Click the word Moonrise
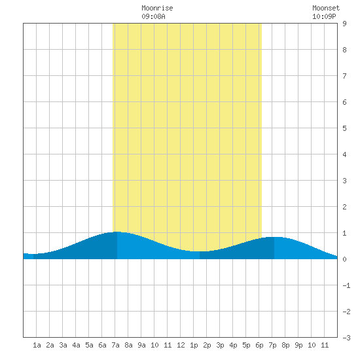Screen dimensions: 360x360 click(157, 8)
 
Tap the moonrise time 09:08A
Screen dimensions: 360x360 click(153, 16)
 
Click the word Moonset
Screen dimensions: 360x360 click(326, 8)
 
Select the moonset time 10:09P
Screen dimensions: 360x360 click(324, 16)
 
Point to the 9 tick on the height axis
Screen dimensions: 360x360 click(344, 24)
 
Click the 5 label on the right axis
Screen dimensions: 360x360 click(344, 128)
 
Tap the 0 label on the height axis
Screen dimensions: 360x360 click(344, 259)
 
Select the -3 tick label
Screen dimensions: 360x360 click(346, 338)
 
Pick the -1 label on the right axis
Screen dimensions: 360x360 click(346, 285)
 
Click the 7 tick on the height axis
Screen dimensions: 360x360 click(344, 76)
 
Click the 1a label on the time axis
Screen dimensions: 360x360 click(37, 345)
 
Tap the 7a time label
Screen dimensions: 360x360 click(115, 345)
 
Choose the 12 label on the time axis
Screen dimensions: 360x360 click(181, 345)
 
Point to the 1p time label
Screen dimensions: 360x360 click(194, 345)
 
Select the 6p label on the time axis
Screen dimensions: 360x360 click(259, 345)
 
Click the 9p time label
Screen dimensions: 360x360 click(298, 345)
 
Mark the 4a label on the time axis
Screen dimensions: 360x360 click(76, 345)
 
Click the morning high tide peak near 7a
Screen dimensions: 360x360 click(117, 232)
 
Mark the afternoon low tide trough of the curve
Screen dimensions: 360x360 click(200, 251)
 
